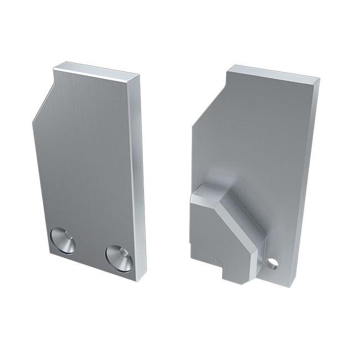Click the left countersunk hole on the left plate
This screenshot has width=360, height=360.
click(63, 241)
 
